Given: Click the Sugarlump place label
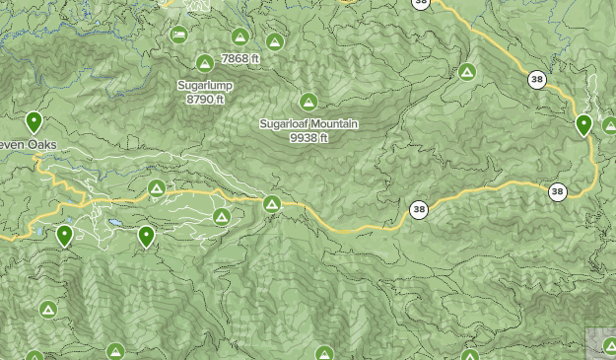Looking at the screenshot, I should tap(204, 86).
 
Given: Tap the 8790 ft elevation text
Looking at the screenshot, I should tap(205, 99).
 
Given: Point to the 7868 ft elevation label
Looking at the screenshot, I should tap(240, 59).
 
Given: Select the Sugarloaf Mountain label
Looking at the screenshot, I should tap(308, 124).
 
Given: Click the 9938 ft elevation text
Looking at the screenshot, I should tap(308, 137).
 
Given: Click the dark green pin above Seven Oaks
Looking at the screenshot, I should tap(34, 122).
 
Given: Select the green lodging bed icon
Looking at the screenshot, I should tap(178, 36).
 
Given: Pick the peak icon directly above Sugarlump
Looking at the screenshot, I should tap(204, 64).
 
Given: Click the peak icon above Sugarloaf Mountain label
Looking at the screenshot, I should tap(308, 102).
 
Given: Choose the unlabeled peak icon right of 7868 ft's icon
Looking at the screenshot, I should tap(275, 42).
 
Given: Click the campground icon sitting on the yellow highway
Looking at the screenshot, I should tap(272, 203).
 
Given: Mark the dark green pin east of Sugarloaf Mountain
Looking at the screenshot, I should tap(583, 125).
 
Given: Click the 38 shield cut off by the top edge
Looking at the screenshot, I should tap(421, 3).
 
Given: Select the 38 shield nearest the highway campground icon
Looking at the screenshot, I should tap(419, 209).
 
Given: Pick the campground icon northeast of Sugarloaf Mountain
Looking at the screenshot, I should tap(467, 72).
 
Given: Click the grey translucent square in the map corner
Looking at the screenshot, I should tap(601, 343).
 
